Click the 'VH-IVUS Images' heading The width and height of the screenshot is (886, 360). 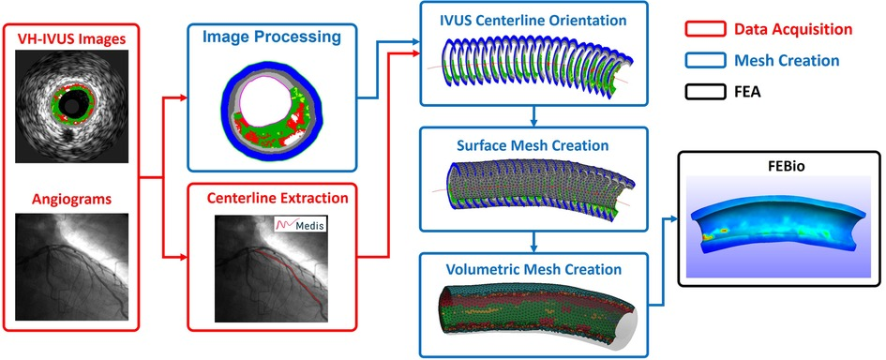69,40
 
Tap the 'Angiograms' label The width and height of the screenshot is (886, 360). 69,200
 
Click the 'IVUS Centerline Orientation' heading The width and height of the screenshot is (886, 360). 533,19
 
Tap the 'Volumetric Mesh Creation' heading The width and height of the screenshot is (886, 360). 533,269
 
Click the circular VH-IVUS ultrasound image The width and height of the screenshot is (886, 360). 69,104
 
